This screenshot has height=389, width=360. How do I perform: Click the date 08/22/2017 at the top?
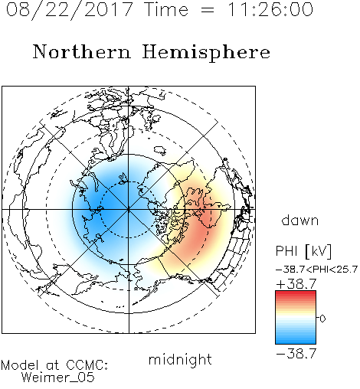click(x=70, y=10)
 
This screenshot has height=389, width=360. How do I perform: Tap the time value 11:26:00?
click(x=270, y=10)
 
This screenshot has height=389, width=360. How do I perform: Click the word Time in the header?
click(x=166, y=10)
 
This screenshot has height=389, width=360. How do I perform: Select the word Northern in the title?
click(x=82, y=52)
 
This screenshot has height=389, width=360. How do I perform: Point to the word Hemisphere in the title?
click(x=206, y=53)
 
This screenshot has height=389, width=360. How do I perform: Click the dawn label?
click(x=300, y=221)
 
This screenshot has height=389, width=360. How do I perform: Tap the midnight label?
click(x=180, y=360)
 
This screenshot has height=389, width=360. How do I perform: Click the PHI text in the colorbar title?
click(x=286, y=251)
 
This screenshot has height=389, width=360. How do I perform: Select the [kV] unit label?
click(x=319, y=251)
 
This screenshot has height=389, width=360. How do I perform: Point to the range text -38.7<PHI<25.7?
click(x=316, y=270)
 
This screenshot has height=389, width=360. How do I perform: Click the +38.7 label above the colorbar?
click(x=296, y=284)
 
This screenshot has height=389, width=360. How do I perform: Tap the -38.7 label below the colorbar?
click(x=296, y=354)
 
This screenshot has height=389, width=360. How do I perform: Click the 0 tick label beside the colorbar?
click(x=322, y=319)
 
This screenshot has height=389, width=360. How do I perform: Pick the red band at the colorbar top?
click(x=296, y=295)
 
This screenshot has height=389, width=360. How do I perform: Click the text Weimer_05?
click(x=58, y=377)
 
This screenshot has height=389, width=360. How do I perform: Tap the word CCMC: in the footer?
click(x=87, y=365)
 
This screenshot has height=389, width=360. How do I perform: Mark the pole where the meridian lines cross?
click(x=129, y=209)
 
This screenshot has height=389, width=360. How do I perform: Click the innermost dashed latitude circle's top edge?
click(x=129, y=181)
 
